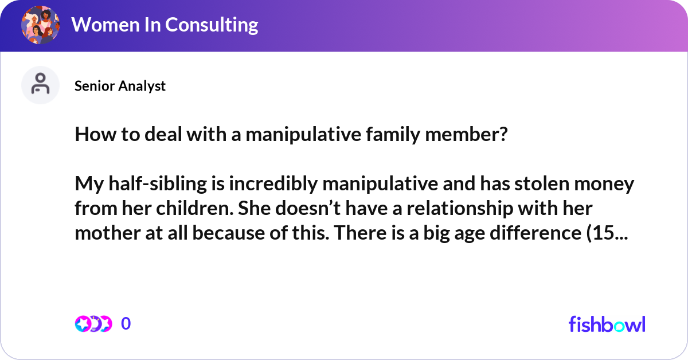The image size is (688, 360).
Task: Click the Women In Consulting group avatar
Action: coord(40,25)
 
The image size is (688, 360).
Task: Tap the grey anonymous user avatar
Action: coord(40,85)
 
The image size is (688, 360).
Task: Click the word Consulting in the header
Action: coord(212,25)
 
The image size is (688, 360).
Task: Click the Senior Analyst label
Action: coord(120,86)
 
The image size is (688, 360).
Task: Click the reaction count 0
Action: coord(126,324)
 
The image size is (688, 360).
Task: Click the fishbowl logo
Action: coord(607,324)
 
